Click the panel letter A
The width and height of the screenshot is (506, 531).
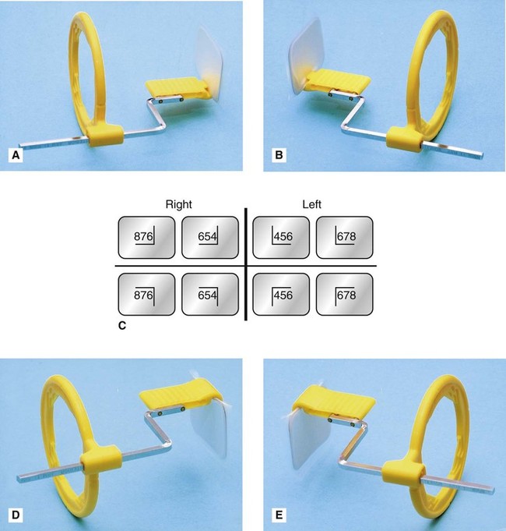(16, 155)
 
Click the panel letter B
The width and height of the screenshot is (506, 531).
(279, 155)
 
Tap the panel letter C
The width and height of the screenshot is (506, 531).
(122, 325)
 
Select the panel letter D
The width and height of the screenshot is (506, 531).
(16, 515)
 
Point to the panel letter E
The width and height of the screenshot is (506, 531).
(279, 515)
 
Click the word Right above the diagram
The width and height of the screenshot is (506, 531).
(178, 204)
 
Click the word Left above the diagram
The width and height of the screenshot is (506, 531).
(311, 204)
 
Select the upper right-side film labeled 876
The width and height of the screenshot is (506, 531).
(146, 237)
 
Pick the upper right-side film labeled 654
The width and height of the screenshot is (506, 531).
(210, 237)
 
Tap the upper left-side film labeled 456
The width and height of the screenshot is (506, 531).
(281, 237)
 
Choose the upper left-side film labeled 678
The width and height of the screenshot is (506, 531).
(344, 237)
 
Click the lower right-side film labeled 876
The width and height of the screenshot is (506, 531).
(146, 294)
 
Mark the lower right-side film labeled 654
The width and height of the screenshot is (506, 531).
(210, 294)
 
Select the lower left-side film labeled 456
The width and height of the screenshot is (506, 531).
(281, 294)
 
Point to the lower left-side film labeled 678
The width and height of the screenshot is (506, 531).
(344, 294)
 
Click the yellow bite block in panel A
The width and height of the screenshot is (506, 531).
(176, 87)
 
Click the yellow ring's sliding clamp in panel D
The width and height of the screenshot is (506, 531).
(100, 457)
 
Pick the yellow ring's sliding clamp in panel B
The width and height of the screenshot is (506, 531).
(405, 139)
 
